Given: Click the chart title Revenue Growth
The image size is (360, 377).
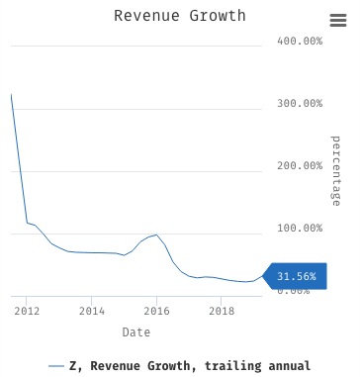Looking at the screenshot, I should point(179,16).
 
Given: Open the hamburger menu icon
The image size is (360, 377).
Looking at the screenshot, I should point(337,21).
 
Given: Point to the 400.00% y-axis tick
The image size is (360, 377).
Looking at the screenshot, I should point(300,42).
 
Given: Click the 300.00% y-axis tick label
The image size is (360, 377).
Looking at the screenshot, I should point(300,104).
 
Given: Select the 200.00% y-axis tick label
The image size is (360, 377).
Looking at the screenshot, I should point(300,166).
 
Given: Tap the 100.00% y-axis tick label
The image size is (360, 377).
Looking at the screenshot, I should point(300,229).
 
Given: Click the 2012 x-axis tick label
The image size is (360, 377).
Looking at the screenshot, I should point(27,311).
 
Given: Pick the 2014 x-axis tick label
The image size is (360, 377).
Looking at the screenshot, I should point(92,311).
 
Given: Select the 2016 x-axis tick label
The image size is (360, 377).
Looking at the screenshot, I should point(156,311).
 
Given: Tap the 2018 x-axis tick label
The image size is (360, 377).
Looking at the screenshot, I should point(222,311).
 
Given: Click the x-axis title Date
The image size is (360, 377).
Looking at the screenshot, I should point(136,332).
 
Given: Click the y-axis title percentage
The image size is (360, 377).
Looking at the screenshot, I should point(335,170).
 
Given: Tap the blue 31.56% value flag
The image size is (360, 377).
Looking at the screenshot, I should point(295,277).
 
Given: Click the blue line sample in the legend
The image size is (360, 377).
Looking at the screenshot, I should point(56,366).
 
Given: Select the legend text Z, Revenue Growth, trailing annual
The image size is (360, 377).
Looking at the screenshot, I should point(190,366).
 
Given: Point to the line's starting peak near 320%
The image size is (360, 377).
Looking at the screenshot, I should point(11,95).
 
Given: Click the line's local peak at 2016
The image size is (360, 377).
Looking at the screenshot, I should point(156,235).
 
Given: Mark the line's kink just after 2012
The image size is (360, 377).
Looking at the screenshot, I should point(28,223).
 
